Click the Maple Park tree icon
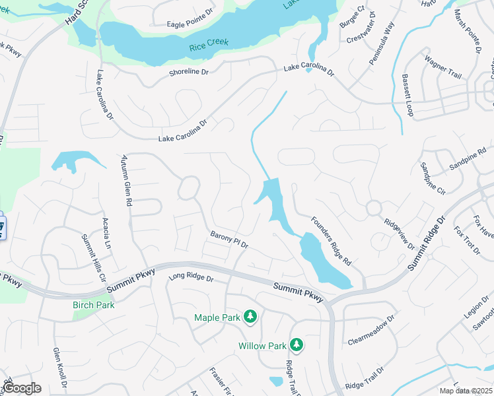tap(250, 317)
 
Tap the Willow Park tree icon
tap(297, 345)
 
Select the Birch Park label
tap(93, 305)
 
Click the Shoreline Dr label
tap(188, 71)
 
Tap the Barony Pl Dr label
tap(229, 240)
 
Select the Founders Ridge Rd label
tap(331, 242)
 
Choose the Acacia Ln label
tap(106, 234)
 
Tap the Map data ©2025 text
tap(466, 391)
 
